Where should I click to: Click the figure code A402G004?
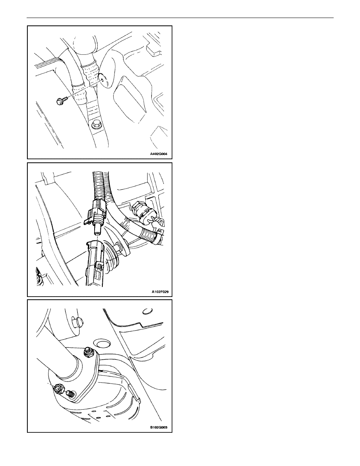pyautogui.click(x=159, y=154)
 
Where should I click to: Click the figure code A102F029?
pyautogui.click(x=160, y=292)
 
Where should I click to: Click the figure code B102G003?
pyautogui.click(x=159, y=428)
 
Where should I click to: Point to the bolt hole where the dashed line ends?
pyautogui.click(x=102, y=79)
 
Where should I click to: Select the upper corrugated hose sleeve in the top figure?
pyautogui.click(x=90, y=72)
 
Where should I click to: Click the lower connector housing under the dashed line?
pyautogui.click(x=95, y=263)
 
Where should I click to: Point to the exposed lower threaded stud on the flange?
pyautogui.click(x=70, y=394)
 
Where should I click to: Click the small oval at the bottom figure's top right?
pyautogui.click(x=145, y=311)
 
